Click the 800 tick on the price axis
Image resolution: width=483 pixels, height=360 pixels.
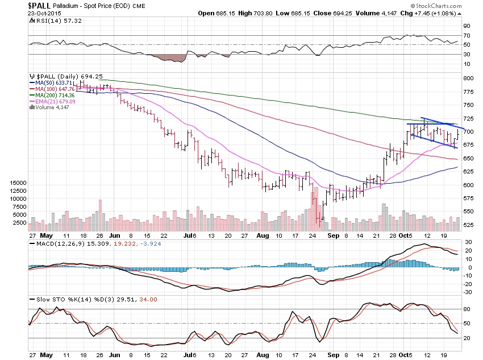(x=468, y=78)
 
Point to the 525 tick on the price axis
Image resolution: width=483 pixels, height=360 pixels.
(x=468, y=225)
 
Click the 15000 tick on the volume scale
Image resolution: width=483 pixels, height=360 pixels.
(x=19, y=183)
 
